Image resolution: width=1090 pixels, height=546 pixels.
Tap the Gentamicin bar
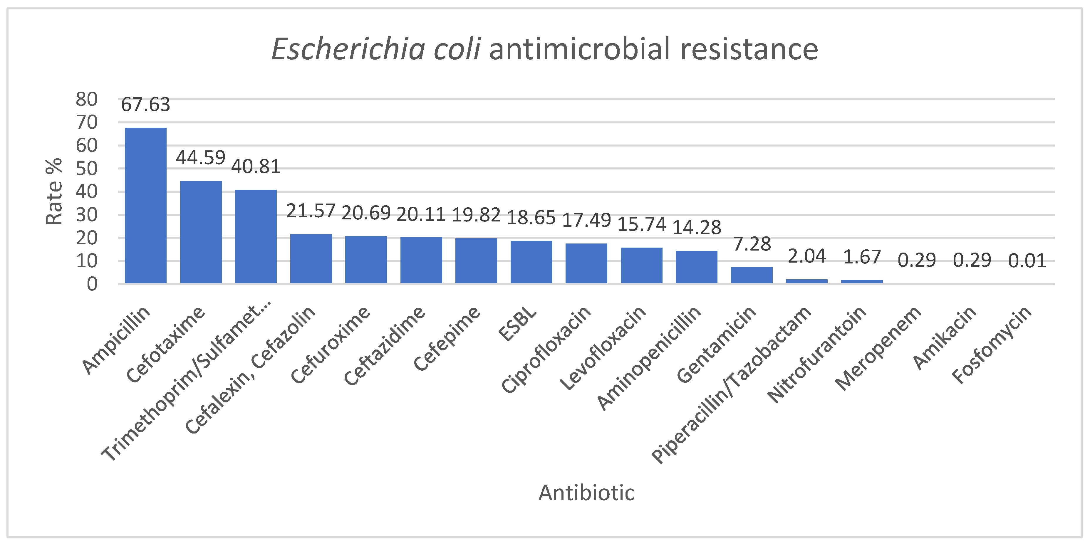coord(752,275)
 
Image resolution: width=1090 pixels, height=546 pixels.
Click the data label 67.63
coord(145,105)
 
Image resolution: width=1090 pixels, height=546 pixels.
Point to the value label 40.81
coord(256,167)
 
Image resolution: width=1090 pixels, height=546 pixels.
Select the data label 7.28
coord(752,244)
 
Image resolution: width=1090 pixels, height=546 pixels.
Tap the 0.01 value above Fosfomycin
coord(1027,261)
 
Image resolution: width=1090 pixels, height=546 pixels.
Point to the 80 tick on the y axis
coord(86,99)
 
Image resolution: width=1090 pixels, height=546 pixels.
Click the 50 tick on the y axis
coord(86,169)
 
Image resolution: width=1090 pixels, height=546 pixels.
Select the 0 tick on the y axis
coord(92,285)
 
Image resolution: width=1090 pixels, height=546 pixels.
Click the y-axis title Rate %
coord(54,191)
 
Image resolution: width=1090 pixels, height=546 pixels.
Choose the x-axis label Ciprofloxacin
coord(546,349)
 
